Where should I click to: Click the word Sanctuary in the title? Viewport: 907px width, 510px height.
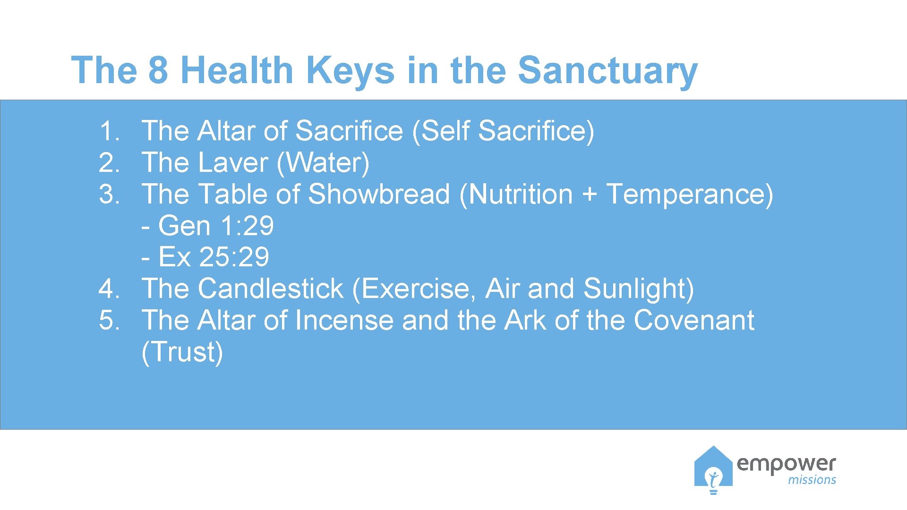pyautogui.click(x=608, y=71)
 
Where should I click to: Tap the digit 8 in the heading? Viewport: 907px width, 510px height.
pyautogui.click(x=158, y=71)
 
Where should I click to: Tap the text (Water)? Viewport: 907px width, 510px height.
pyautogui.click(x=323, y=162)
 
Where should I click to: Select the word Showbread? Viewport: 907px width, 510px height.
pyautogui.click(x=379, y=194)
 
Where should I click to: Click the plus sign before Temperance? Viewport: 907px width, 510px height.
pyautogui.click(x=589, y=195)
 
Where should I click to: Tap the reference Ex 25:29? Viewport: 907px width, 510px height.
pyautogui.click(x=213, y=257)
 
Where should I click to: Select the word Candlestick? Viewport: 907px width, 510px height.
pyautogui.click(x=270, y=289)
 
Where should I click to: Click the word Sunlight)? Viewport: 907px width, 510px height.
pyautogui.click(x=638, y=289)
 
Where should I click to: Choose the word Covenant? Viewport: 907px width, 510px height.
pyautogui.click(x=693, y=320)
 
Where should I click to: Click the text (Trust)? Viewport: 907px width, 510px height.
pyautogui.click(x=182, y=352)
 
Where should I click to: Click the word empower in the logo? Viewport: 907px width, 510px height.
pyautogui.click(x=786, y=464)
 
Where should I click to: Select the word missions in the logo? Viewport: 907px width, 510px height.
pyautogui.click(x=812, y=480)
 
